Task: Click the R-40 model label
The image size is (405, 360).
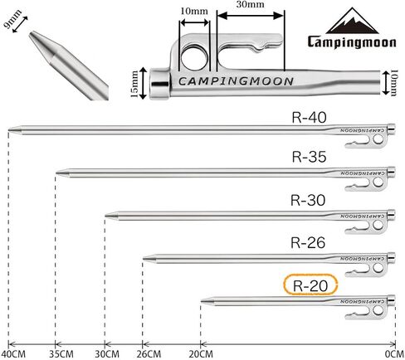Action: coord(309,117)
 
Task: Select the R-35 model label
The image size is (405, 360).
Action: coord(309,157)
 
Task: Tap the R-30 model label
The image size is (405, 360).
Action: coord(308,200)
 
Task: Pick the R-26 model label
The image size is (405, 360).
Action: coord(308,243)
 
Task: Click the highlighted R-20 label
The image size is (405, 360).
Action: coord(310,285)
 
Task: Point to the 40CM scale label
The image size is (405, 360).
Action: coord(13,354)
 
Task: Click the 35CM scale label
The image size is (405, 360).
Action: coord(61,354)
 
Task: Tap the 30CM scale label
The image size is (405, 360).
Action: coord(107,354)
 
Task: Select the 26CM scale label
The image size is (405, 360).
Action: coord(149,354)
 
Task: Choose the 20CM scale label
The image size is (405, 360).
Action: coord(201,354)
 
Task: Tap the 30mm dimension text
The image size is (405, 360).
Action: coord(250,4)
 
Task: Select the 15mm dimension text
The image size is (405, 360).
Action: coord(134,84)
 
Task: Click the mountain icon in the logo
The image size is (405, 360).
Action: coord(353,21)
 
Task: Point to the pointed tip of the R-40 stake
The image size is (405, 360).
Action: coord(9,129)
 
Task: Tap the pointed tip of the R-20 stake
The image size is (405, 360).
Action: coord(202,301)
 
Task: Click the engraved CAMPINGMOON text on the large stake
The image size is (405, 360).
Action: coord(236,81)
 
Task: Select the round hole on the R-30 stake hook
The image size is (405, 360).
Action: coord(378,225)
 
